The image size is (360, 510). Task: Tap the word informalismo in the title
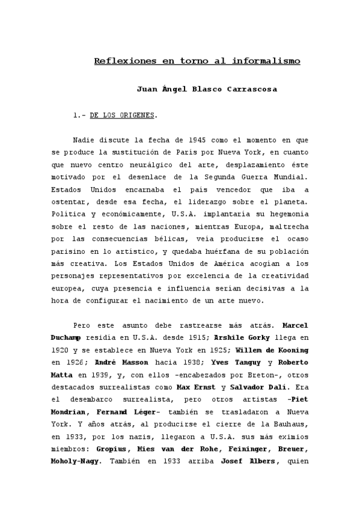pyautogui.click(x=267, y=61)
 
